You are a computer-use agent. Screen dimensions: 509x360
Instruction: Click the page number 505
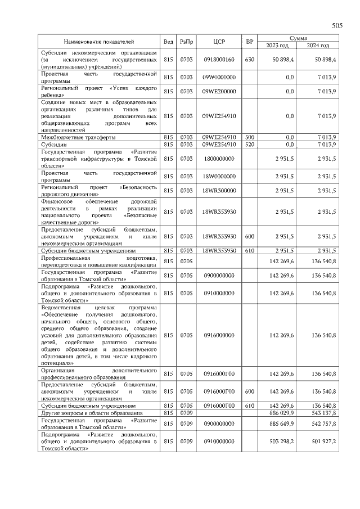pos(337,26)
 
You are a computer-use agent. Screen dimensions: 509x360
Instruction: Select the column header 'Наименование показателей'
pos(99,42)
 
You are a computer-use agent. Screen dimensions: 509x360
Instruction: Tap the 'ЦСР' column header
pos(219,42)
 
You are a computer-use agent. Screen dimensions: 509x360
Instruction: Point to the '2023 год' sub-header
pos(277,46)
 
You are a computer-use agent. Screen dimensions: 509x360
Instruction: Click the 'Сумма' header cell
pos(298,38)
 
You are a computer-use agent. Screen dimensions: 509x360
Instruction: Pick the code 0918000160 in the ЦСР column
pos(219,59)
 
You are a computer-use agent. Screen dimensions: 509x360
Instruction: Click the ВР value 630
pos(250,59)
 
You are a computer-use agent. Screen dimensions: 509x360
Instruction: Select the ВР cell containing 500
pos(250,137)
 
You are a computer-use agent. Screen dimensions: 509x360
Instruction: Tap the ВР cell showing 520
pos(250,145)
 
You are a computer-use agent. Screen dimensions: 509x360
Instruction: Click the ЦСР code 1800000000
pos(219,159)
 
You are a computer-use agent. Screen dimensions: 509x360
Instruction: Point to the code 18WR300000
pos(219,191)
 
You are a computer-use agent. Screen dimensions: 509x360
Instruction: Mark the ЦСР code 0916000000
pos(219,335)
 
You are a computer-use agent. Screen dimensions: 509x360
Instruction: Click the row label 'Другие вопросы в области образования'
pos(91,413)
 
